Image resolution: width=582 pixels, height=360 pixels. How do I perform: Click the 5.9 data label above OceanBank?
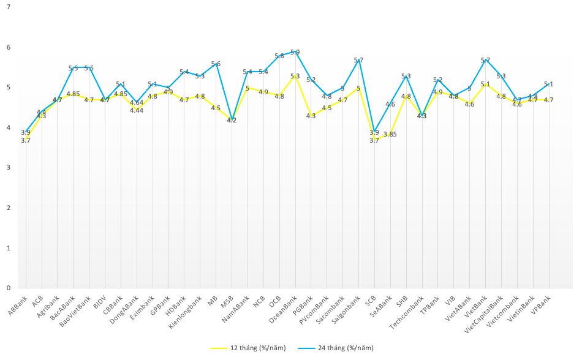click(x=295, y=53)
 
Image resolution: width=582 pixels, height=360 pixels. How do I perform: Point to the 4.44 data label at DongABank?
click(x=137, y=110)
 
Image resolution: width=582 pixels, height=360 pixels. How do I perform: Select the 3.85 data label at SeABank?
click(x=390, y=134)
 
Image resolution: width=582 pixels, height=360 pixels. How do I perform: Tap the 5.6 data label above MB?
click(x=216, y=64)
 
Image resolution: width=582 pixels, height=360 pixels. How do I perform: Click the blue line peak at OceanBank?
click(x=295, y=52)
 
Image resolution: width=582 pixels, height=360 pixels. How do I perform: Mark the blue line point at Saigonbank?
click(x=358, y=60)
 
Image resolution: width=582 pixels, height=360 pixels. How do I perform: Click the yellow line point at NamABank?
click(x=248, y=88)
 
